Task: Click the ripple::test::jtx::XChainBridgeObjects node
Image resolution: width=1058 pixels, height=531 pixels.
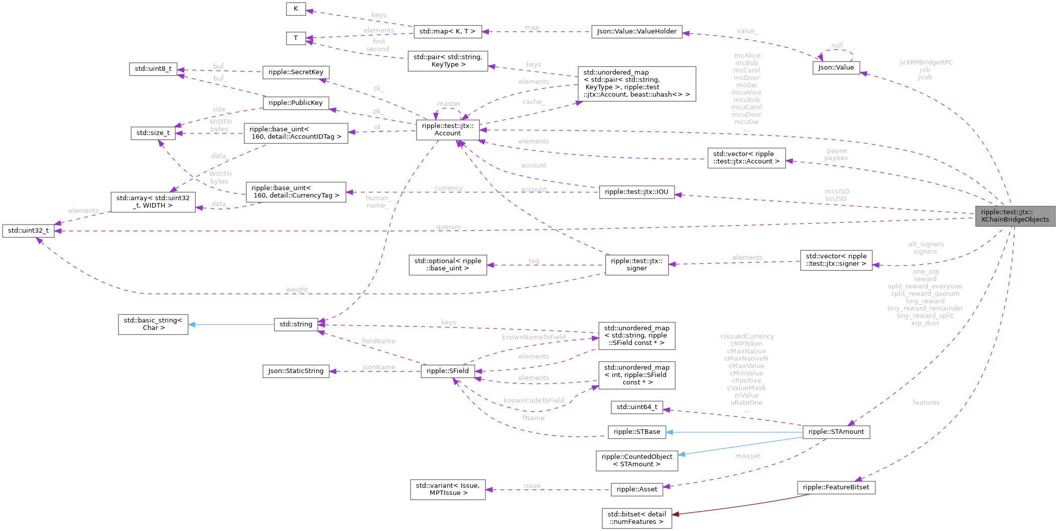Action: (x=1015, y=216)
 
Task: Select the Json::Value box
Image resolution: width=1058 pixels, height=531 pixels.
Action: (x=836, y=68)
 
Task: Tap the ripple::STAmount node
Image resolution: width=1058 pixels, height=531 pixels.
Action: (x=836, y=432)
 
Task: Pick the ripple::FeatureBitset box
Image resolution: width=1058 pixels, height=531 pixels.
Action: (x=836, y=487)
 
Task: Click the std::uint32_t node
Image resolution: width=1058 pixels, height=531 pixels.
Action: (x=28, y=231)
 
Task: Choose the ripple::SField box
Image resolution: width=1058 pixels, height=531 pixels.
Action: (x=448, y=371)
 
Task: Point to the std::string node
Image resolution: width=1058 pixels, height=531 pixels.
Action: (x=296, y=324)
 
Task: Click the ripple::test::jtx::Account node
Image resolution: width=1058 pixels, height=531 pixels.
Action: (x=447, y=129)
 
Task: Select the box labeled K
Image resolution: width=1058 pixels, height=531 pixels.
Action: (x=296, y=9)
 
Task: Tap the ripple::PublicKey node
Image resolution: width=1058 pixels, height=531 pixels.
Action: (x=296, y=103)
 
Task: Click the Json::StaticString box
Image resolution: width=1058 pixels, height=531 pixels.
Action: (x=296, y=371)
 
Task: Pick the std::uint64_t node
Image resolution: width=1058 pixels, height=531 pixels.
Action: (x=636, y=407)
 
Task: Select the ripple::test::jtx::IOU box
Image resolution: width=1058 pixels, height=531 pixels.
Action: (x=636, y=192)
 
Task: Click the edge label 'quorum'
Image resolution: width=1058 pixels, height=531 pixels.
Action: (x=448, y=227)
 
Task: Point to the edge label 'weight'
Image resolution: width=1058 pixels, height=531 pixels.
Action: (x=297, y=289)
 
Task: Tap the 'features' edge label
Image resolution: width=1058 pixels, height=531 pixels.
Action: (x=926, y=402)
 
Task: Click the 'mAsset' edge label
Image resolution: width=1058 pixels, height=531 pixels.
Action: (x=747, y=456)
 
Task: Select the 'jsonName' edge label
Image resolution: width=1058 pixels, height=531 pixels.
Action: (x=378, y=367)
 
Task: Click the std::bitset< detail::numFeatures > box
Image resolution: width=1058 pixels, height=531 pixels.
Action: (x=636, y=518)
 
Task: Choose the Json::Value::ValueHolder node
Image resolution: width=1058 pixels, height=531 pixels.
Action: (x=636, y=31)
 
